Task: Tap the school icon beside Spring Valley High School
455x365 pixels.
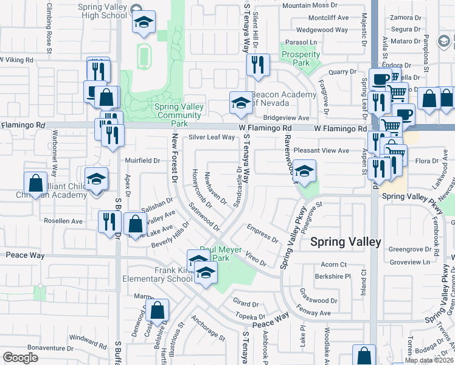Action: coord(144,23)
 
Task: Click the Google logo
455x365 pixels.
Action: coord(20,357)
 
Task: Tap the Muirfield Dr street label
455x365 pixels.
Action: coord(142,161)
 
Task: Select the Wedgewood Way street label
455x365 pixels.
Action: coord(322,30)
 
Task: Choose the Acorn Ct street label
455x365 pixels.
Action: coord(333,265)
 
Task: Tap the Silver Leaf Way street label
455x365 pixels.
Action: coord(211,137)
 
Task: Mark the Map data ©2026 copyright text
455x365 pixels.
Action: coord(428,360)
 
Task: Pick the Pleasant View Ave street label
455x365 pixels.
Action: coord(321,150)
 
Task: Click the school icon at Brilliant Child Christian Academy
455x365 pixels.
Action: coord(96,179)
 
